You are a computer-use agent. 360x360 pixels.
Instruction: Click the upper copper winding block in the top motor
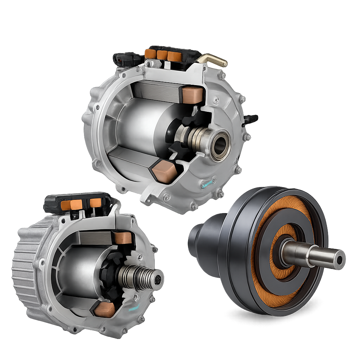192,94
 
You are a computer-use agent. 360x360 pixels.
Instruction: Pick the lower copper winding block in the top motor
164,172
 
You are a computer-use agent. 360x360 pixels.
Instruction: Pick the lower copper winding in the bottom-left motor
104,309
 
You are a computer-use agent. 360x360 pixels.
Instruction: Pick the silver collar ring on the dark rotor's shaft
311,256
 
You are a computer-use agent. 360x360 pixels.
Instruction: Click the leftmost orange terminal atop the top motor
150,54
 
